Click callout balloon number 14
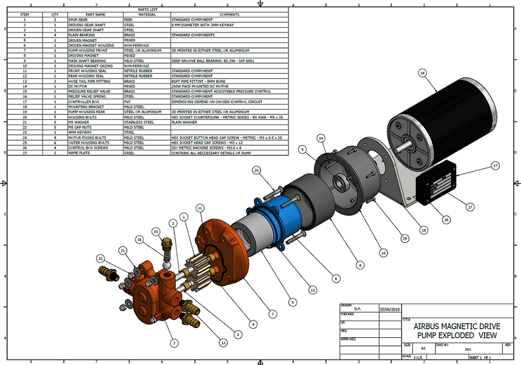point(423,73)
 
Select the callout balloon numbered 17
point(495,165)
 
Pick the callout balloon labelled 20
point(257,171)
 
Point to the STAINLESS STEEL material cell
point(136,122)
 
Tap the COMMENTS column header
point(230,15)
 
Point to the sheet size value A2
point(422,348)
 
